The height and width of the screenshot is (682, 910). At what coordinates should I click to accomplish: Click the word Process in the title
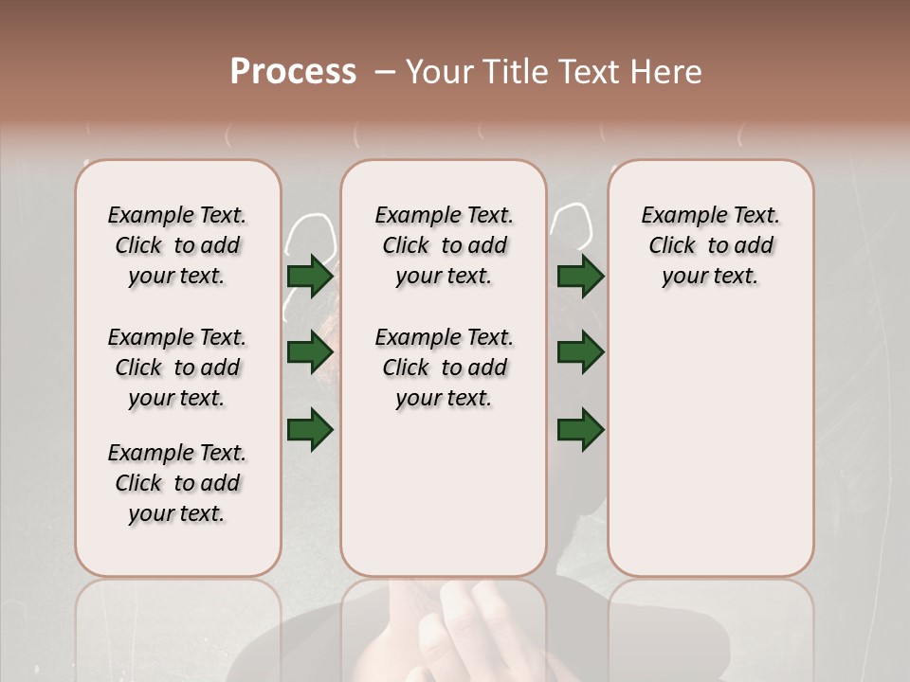click(293, 72)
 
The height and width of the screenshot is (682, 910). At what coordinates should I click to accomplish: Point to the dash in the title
click(384, 73)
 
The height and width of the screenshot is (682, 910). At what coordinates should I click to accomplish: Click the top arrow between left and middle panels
click(310, 276)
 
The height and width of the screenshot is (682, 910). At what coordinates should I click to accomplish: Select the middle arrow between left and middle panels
click(310, 352)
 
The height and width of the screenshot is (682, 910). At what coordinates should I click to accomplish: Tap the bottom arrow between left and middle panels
click(310, 429)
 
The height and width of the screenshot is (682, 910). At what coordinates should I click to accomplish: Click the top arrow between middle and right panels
click(580, 276)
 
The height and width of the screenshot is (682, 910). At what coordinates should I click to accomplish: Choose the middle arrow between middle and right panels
click(580, 352)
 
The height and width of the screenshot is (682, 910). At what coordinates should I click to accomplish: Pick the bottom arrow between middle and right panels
click(580, 429)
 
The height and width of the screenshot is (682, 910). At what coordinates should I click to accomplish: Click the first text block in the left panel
click(177, 245)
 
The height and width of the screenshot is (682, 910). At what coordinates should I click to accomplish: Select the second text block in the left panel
click(177, 368)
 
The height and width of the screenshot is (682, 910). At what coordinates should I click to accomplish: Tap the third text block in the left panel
click(177, 483)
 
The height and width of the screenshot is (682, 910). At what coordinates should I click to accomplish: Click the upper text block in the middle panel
click(444, 245)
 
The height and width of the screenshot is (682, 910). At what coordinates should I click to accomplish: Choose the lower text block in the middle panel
click(444, 368)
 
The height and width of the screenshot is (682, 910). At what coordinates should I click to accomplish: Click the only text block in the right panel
click(710, 245)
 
